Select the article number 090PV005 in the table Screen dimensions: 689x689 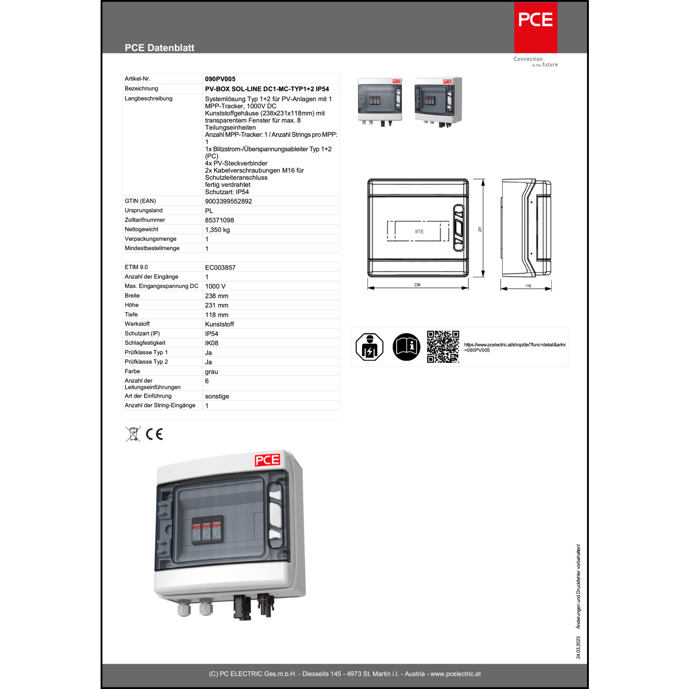click(x=220, y=79)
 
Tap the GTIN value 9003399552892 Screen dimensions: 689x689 click(x=228, y=201)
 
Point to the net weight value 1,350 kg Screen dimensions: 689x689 click(x=217, y=230)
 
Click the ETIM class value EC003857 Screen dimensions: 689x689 click(x=220, y=267)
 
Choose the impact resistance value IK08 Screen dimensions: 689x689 click(x=211, y=343)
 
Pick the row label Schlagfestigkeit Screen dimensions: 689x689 click(x=145, y=343)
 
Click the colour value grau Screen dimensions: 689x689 click(x=211, y=372)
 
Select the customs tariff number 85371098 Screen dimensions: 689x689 click(x=219, y=220)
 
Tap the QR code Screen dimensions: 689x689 click(x=443, y=347)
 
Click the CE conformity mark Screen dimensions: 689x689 click(x=154, y=434)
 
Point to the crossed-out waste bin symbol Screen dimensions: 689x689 click(x=133, y=434)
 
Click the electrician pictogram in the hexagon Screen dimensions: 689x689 click(x=369, y=347)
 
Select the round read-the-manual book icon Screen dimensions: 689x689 click(x=406, y=347)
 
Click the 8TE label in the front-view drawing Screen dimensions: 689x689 click(x=419, y=232)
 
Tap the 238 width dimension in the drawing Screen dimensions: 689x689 click(x=417, y=285)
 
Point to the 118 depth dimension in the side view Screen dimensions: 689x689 click(x=528, y=286)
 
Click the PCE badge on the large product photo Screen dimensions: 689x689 click(x=267, y=460)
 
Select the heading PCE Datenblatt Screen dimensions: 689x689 click(x=159, y=48)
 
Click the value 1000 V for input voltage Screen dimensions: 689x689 click(x=215, y=286)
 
